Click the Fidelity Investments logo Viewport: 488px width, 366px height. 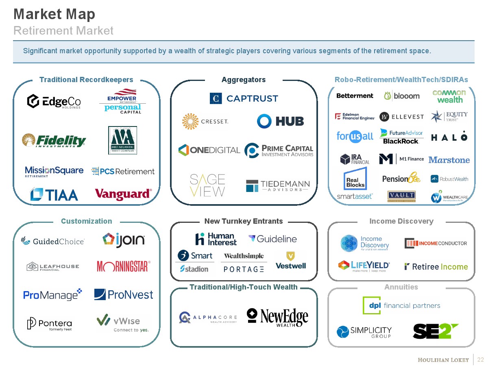[54, 140]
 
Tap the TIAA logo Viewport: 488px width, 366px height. [54, 194]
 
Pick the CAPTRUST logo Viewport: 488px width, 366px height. [244, 98]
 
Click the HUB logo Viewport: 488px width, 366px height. [280, 121]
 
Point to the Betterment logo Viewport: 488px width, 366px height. [355, 96]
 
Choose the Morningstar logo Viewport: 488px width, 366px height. [124, 266]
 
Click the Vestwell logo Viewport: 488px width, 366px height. [290, 260]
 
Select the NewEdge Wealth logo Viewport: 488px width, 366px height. [277, 317]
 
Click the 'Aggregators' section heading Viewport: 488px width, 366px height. [243, 80]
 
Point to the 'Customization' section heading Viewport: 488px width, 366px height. [86, 221]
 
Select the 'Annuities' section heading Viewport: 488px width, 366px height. [401, 287]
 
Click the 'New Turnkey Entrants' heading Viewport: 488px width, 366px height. [243, 221]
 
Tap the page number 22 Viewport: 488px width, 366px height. [481, 359]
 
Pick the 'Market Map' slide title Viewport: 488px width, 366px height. [54, 14]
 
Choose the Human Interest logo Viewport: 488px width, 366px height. [216, 239]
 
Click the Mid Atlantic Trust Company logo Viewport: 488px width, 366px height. [122, 140]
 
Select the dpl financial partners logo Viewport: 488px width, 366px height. [401, 305]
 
